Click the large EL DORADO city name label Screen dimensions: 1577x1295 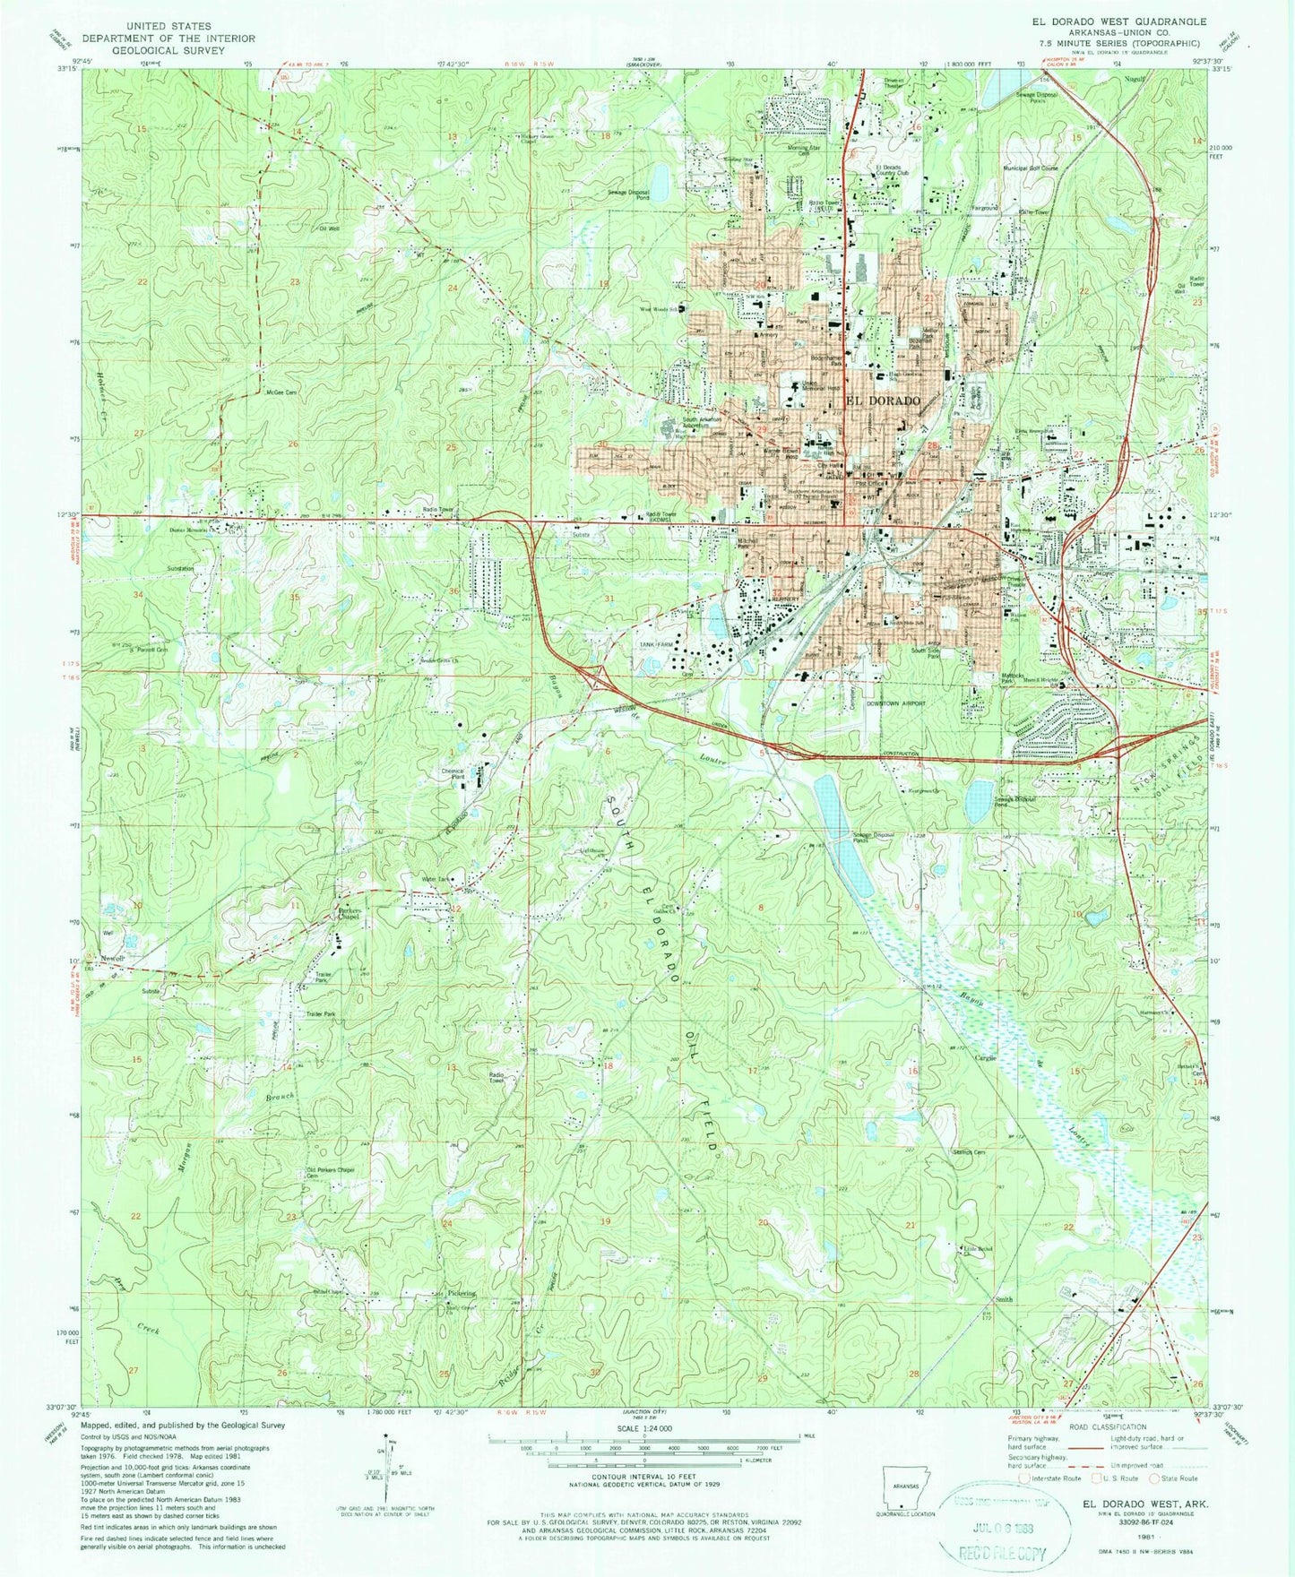[x=883, y=401]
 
